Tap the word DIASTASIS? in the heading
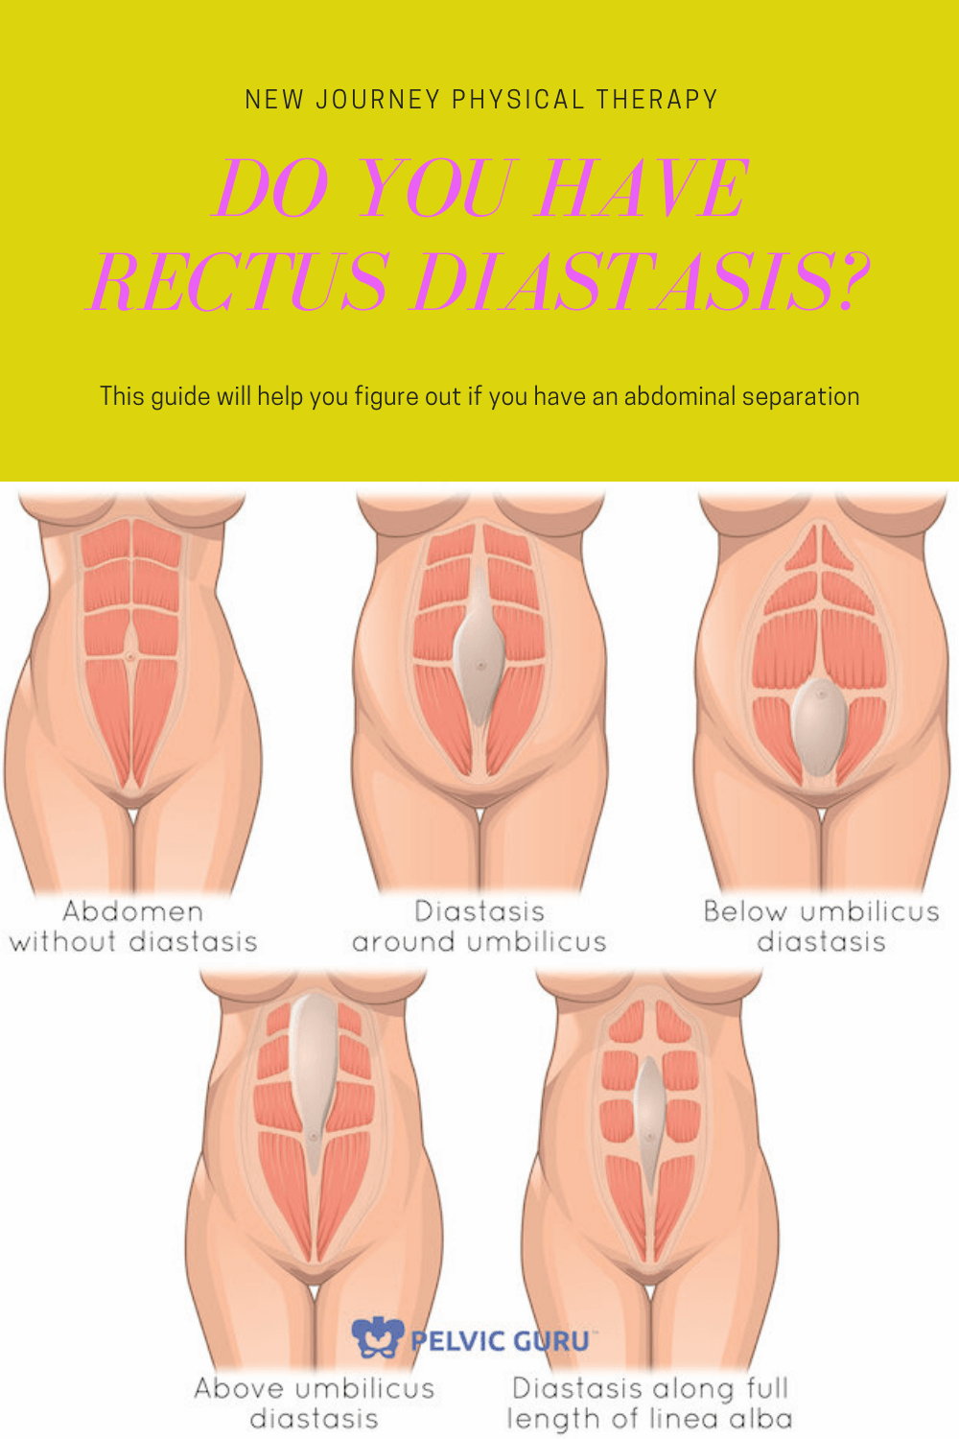[641, 282]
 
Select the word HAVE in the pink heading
[643, 188]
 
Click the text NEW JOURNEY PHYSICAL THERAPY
[480, 100]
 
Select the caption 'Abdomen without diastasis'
[133, 926]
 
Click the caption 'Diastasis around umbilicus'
[479, 926]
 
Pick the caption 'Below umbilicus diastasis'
[821, 926]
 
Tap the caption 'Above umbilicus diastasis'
[315, 1403]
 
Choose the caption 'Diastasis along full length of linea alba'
[650, 1403]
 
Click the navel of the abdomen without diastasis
[131, 656]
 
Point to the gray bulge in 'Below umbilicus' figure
[819, 725]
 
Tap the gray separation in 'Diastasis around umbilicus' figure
[479, 652]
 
